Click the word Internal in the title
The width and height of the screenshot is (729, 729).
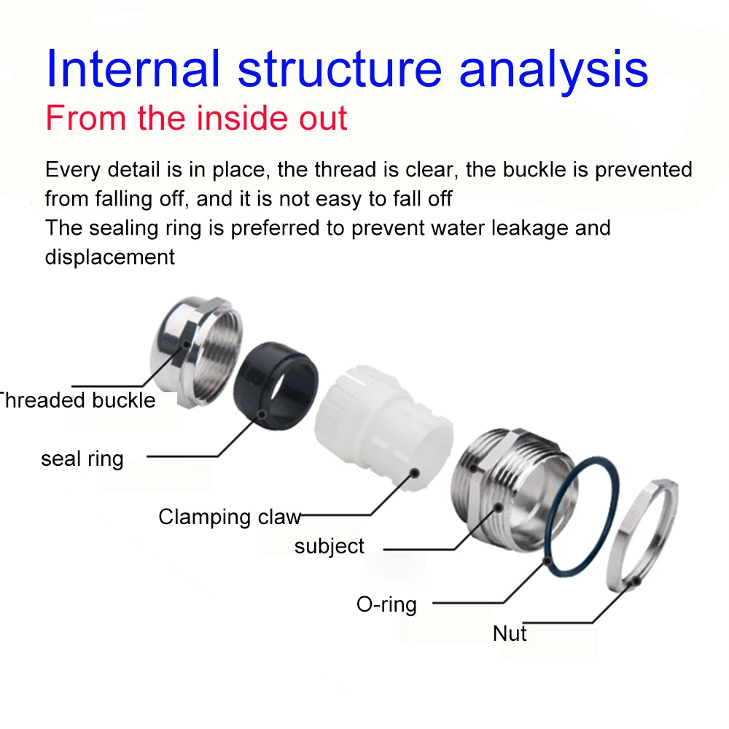point(133,68)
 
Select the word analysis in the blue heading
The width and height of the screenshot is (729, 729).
point(553,68)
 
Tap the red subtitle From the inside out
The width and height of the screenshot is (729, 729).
point(196,118)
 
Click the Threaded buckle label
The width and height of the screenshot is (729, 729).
point(77,400)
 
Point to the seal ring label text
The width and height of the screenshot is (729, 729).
point(82,459)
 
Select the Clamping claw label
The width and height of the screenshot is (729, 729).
point(229,517)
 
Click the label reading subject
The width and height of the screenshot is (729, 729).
point(330,546)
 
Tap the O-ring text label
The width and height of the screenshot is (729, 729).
point(386,604)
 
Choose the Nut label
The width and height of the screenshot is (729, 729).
point(510,633)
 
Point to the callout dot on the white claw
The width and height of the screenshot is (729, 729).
point(414,473)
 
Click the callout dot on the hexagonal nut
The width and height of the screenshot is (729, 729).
point(637,582)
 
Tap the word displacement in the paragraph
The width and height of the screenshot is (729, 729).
point(109,257)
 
